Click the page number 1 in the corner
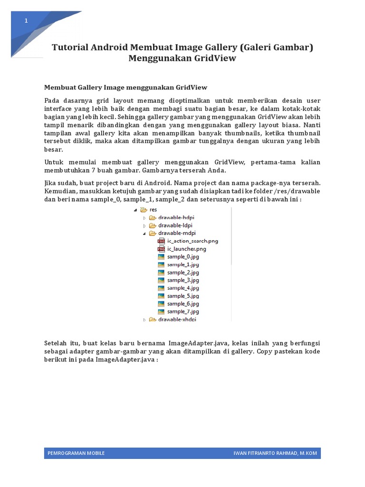(26, 21)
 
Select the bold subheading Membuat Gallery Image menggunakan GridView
(125, 88)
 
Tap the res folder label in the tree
(153, 209)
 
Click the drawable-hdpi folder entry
(175, 217)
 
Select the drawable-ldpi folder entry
(174, 225)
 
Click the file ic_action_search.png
(192, 241)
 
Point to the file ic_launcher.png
(186, 249)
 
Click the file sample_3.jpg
(182, 280)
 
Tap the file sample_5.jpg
(182, 296)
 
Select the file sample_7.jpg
(182, 312)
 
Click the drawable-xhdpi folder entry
(176, 320)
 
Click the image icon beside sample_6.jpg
(161, 304)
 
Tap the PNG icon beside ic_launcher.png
(161, 249)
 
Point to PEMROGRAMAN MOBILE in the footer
(76, 453)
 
